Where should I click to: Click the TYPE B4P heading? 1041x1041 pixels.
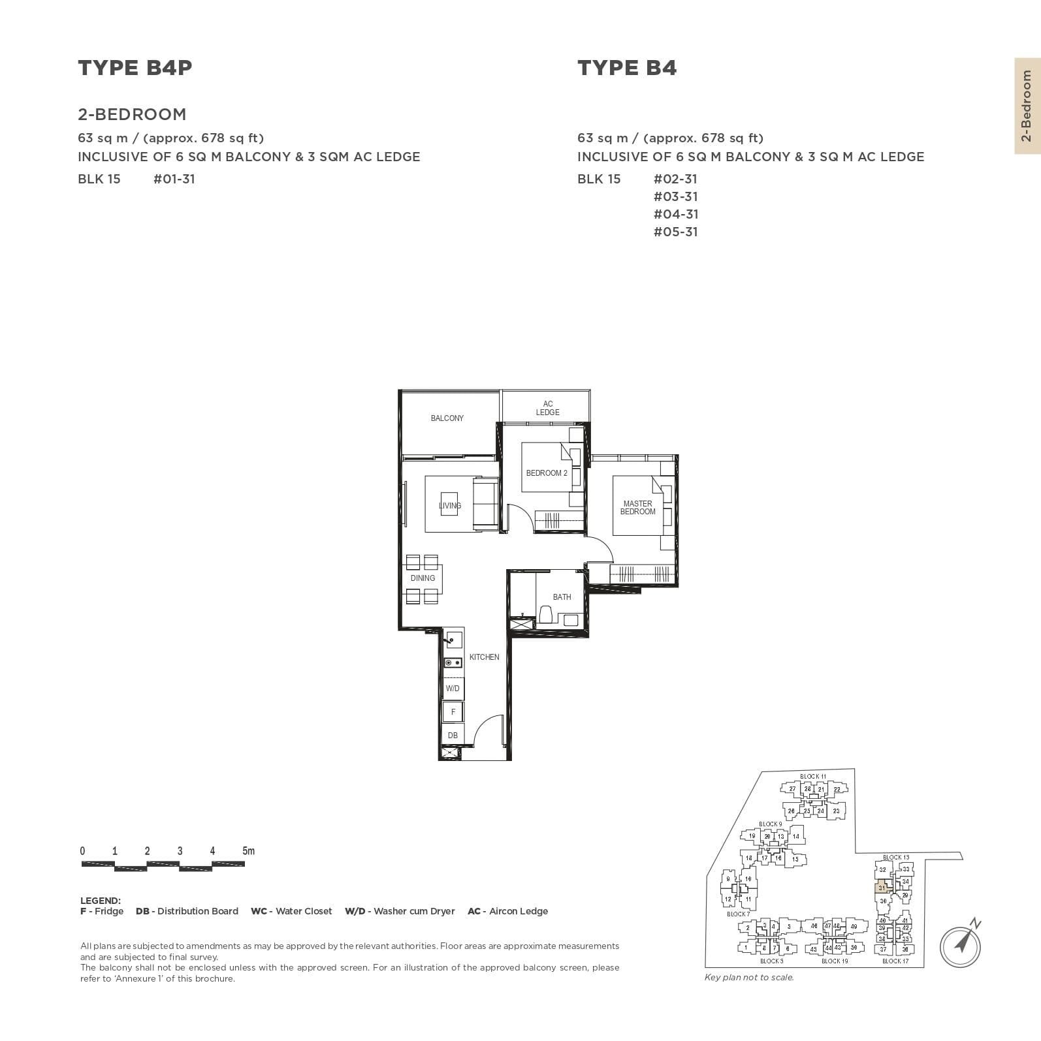135,68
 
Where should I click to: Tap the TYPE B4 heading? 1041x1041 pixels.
626,68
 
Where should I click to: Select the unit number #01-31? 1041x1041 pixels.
174,179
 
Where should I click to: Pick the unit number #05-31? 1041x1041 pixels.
675,232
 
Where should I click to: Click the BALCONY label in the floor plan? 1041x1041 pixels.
447,418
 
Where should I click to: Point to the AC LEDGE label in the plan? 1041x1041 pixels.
547,408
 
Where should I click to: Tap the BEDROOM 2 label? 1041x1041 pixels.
547,473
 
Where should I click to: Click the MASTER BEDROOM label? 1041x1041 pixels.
637,507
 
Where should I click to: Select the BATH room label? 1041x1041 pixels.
562,597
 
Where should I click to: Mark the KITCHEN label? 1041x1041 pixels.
484,657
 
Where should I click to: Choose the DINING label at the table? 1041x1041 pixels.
423,578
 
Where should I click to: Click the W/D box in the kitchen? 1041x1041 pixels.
453,689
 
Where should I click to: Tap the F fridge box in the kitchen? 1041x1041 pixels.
453,712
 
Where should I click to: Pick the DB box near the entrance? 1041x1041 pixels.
453,735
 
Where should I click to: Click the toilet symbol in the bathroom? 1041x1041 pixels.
546,614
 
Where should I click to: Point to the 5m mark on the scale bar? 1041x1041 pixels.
248,851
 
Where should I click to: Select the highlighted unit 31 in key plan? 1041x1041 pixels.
882,888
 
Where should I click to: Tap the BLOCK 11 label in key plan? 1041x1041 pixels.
812,776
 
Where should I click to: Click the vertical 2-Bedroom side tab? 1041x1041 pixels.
1027,106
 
